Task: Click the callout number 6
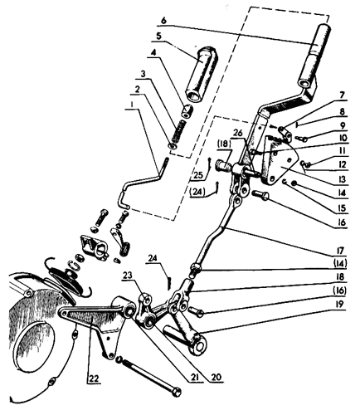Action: [x=163, y=21]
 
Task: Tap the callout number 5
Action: [x=158, y=37]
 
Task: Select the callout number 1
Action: [x=132, y=105]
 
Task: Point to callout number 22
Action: [x=94, y=378]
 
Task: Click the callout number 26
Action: [x=237, y=133]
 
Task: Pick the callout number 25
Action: [x=199, y=175]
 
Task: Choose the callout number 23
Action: [x=128, y=275]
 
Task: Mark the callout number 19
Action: [x=342, y=305]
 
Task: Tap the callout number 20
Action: [x=216, y=377]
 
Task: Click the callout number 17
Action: [x=342, y=251]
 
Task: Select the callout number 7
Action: [x=343, y=95]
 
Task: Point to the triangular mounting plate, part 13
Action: [x=280, y=164]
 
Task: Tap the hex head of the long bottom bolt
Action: [x=176, y=392]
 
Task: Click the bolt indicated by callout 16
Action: [x=260, y=196]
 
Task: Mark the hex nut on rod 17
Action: [x=196, y=267]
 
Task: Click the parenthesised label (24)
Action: [x=197, y=193]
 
